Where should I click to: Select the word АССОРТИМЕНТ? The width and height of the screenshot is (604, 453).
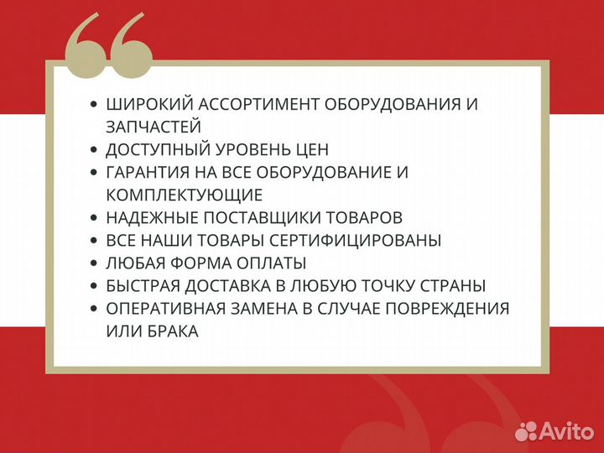pos(255,105)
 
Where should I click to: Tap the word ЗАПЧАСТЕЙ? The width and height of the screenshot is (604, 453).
pos(154,127)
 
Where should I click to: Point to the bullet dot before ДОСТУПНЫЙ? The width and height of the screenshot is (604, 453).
pos(93,150)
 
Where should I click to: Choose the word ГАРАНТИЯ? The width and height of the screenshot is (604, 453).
pos(148,173)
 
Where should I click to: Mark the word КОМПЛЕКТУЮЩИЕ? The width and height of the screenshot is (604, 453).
pos(184,195)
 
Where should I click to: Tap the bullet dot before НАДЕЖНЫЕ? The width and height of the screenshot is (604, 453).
pos(93,218)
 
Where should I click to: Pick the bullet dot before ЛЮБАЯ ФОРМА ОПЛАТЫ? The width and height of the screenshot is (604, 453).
pos(93,263)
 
